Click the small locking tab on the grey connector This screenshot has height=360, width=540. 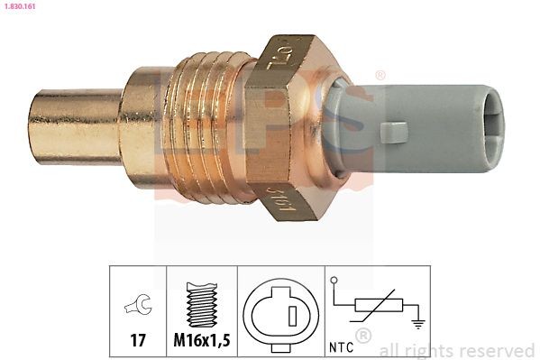coord(394,133)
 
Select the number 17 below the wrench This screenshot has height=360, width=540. coord(138,343)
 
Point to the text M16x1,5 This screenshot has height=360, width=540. coord(201,343)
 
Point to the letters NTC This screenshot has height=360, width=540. coord(340,344)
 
